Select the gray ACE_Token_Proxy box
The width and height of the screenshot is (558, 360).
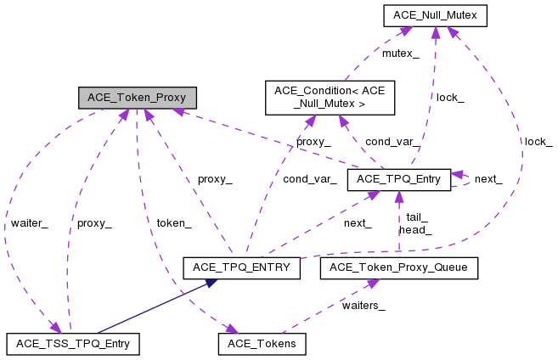coord(137,97)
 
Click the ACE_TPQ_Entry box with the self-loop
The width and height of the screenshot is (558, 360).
coord(398,179)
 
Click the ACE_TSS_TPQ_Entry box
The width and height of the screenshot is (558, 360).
coord(72,344)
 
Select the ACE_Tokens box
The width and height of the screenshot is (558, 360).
coord(262,344)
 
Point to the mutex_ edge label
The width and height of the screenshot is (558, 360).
coord(401,53)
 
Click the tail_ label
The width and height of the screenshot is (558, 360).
coord(416,217)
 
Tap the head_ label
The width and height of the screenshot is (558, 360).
coord(415,229)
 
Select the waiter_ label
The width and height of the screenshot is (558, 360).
coord(29,223)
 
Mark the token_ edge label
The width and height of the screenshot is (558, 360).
coord(173,223)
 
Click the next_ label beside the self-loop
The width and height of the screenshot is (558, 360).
coord(488,179)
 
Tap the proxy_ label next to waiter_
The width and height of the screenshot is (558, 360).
coord(93,223)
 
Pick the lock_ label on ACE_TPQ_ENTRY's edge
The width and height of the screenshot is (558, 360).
coord(538,141)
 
